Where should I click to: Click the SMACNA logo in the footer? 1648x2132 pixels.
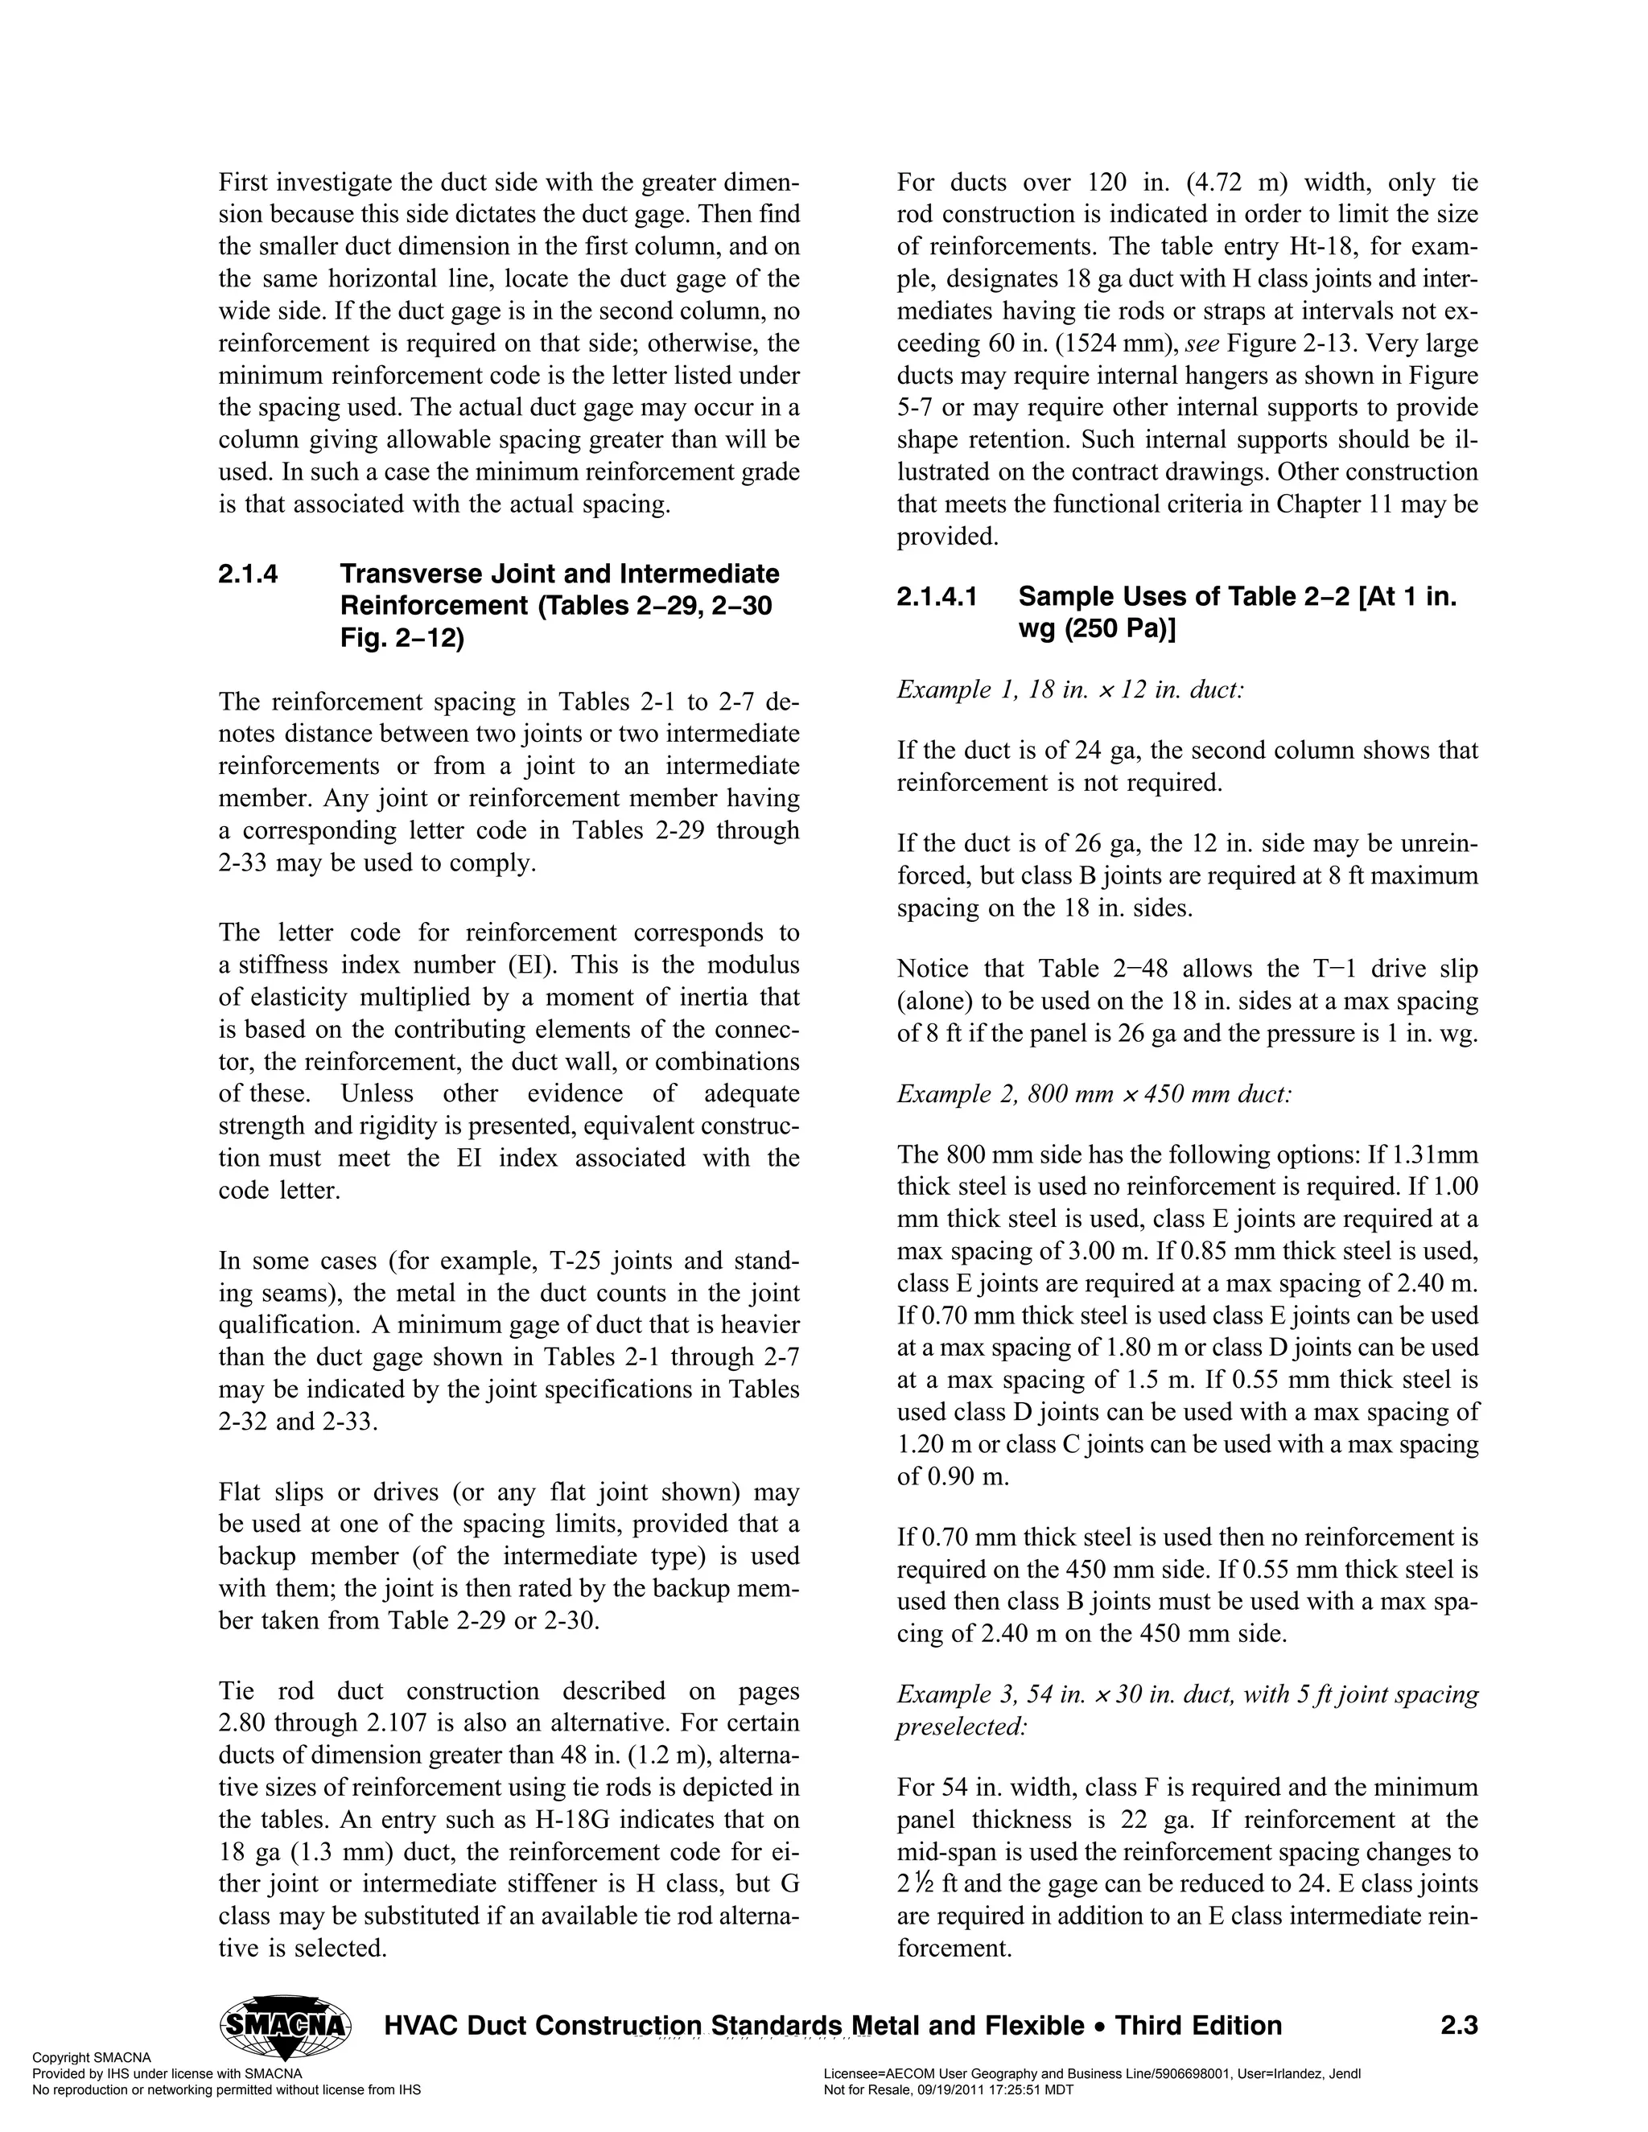(286, 2025)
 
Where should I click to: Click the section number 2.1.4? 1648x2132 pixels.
(248, 574)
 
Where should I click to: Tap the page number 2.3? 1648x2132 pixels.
(1459, 2026)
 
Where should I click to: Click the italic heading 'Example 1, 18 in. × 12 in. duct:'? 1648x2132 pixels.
(1070, 690)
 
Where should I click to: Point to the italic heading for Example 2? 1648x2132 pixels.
(1094, 1093)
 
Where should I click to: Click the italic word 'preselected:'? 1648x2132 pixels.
(962, 1726)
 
